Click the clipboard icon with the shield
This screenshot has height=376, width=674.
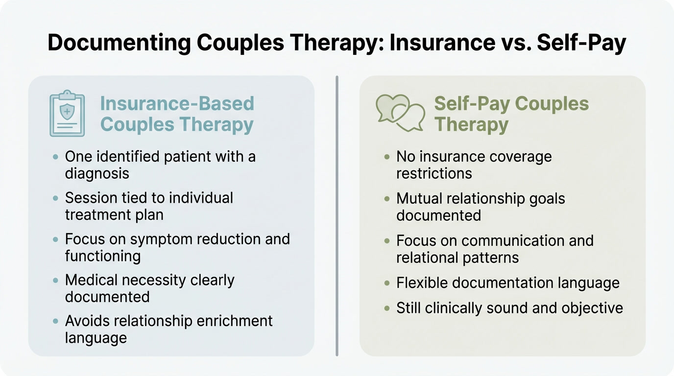pyautogui.click(x=67, y=114)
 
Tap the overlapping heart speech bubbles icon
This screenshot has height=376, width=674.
pyautogui.click(x=401, y=113)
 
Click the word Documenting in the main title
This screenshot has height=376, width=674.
pyautogui.click(x=119, y=43)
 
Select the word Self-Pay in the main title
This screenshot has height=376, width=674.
pyautogui.click(x=581, y=43)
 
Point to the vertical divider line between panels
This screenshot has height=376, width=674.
pyautogui.click(x=337, y=216)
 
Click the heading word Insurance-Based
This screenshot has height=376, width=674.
pyautogui.click(x=177, y=103)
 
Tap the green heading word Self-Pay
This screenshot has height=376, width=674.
pyautogui.click(x=472, y=104)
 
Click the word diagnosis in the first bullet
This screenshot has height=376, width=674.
pyautogui.click(x=97, y=174)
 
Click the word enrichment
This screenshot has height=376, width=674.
pyautogui.click(x=235, y=321)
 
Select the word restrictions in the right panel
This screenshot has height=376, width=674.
pyautogui.click(x=434, y=174)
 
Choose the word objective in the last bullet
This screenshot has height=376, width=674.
pyautogui.click(x=592, y=308)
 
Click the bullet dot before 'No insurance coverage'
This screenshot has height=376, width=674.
pyautogui.click(x=387, y=157)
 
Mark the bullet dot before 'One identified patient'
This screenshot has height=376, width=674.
pyautogui.click(x=55, y=157)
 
